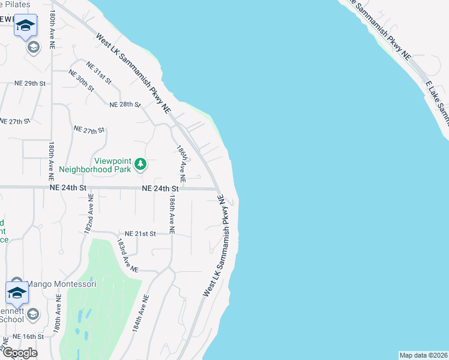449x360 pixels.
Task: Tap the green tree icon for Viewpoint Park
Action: click(x=140, y=164)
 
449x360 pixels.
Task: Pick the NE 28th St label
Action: click(x=125, y=104)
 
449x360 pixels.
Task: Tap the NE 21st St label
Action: click(x=140, y=233)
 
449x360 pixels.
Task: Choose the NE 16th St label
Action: click(x=28, y=337)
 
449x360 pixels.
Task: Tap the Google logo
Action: click(x=20, y=353)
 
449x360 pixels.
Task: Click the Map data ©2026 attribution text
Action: click(x=423, y=355)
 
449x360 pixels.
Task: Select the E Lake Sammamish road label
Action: click(x=436, y=99)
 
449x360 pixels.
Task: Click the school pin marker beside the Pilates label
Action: click(x=25, y=26)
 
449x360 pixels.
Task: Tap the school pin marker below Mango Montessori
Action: click(x=17, y=294)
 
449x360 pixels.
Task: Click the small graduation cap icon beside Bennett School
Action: click(x=34, y=314)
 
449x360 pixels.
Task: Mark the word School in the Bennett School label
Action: click(x=12, y=319)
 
